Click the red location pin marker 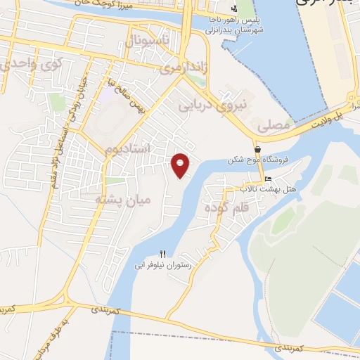point(181,165)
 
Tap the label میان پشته point(124,200)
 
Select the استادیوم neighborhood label point(128,150)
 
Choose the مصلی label point(274,127)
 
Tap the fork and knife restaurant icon point(163,254)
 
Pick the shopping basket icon point(258,150)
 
